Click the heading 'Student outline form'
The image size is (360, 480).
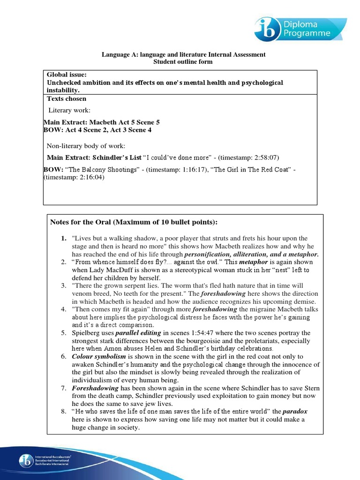(x=183, y=61)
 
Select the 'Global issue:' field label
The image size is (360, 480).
(x=67, y=75)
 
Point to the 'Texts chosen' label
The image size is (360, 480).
(x=67, y=99)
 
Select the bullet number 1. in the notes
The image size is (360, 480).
(x=63, y=238)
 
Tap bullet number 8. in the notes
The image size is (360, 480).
(x=64, y=412)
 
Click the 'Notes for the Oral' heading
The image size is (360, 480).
(x=134, y=222)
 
